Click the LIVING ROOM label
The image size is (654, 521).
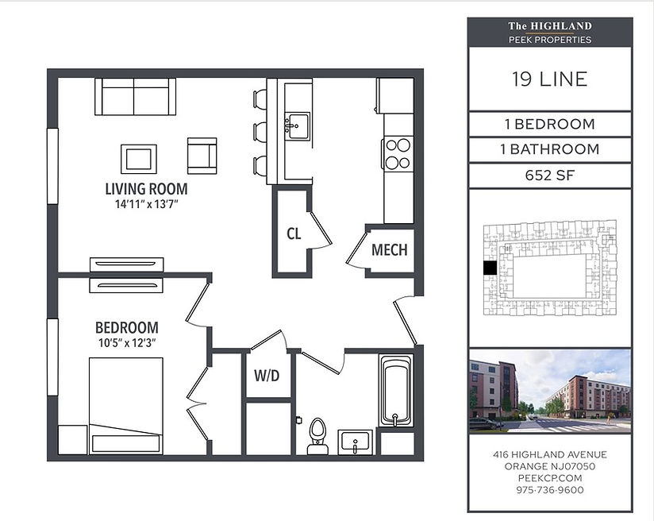[x=146, y=189]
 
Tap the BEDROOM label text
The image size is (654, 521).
[x=127, y=328]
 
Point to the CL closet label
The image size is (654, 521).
[x=294, y=233]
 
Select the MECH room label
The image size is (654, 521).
[x=389, y=250]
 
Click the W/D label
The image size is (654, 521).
[x=267, y=376]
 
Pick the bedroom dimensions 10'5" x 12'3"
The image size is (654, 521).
[x=127, y=343]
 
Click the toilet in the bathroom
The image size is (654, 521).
[x=317, y=436]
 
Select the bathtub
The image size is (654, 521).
[x=396, y=390]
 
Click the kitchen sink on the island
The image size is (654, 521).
[x=297, y=125]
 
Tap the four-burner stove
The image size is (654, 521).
[x=398, y=153]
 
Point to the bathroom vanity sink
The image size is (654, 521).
[x=355, y=442]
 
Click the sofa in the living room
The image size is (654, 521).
[x=135, y=96]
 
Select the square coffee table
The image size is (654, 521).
[x=139, y=159]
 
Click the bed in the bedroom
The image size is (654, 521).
[x=126, y=406]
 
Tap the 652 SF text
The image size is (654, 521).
[x=550, y=176]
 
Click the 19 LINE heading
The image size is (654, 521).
[x=550, y=79]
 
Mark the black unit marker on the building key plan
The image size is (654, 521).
[x=490, y=268]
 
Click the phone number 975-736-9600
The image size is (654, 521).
[x=550, y=490]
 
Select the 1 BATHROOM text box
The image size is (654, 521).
[x=550, y=150]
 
